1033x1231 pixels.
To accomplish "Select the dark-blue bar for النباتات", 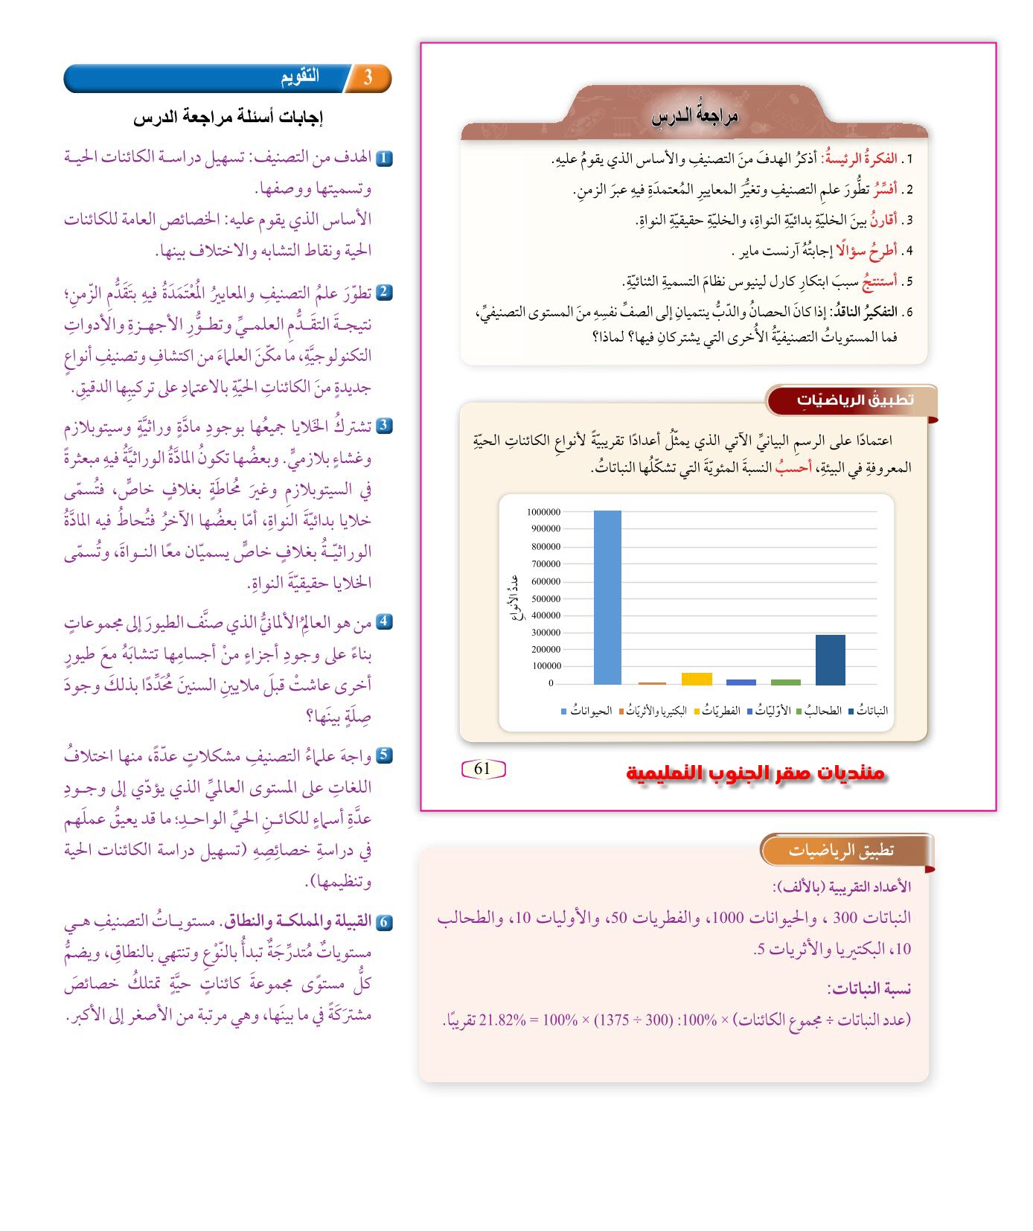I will click(x=830, y=659).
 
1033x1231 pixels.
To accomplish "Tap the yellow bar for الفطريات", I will click(x=697, y=679).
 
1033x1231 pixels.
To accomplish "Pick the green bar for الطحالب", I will click(x=785, y=682).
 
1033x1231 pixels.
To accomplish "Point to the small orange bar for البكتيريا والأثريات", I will click(x=652, y=682).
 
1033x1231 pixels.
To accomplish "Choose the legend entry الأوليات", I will click(x=773, y=712).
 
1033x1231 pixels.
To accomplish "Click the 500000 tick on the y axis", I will click(x=544, y=598).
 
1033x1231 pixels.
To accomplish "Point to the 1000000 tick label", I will click(x=543, y=512).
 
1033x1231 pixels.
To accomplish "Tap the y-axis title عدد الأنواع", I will click(x=513, y=597).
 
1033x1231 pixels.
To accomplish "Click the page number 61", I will click(x=483, y=769).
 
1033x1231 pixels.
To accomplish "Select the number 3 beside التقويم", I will click(x=368, y=77).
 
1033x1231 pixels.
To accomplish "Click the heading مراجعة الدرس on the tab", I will click(x=694, y=116).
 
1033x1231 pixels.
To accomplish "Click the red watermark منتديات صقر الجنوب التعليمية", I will click(x=755, y=773).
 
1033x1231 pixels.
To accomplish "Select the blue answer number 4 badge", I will click(x=384, y=621).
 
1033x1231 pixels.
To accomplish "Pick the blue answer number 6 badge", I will click(x=384, y=922).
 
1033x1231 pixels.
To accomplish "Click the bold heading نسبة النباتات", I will click(x=869, y=989).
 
